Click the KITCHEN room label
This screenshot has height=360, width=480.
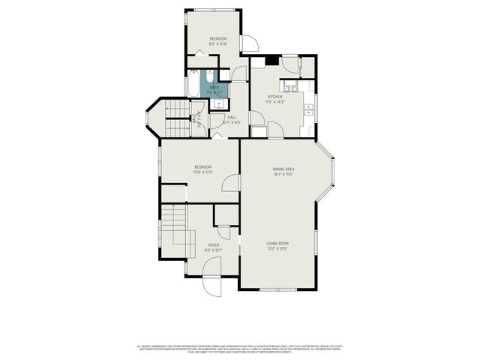click(x=275, y=97)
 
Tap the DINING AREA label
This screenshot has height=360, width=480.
click(x=283, y=169)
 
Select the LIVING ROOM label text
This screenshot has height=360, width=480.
click(x=277, y=244)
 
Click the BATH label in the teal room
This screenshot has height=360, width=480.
click(x=214, y=88)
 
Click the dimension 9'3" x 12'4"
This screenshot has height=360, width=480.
click(x=217, y=43)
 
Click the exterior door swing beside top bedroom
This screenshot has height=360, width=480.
click(x=250, y=43)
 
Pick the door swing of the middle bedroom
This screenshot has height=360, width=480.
click(x=231, y=184)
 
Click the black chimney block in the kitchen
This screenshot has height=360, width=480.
click(x=269, y=63)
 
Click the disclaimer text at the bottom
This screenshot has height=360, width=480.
click(x=240, y=348)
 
